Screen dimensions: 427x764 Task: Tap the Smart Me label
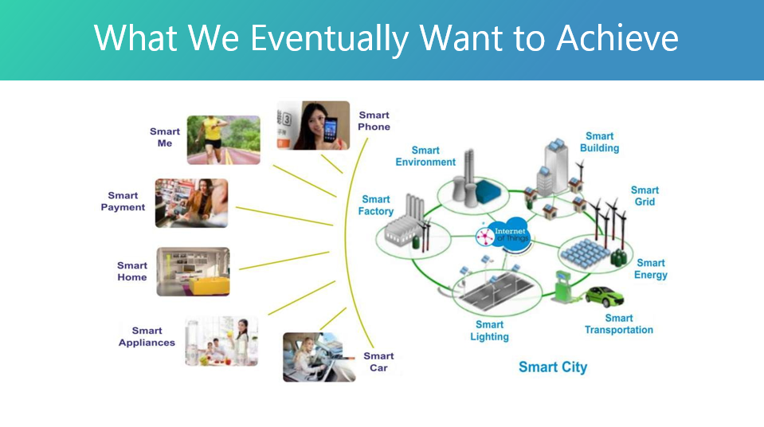165,137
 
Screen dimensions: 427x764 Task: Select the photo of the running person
223,139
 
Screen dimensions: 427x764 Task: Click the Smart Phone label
374,120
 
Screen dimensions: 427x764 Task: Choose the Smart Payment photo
191,202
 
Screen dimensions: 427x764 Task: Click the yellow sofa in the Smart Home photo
209,283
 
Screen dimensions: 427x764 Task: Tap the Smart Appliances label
147,336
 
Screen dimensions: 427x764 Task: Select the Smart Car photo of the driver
319,356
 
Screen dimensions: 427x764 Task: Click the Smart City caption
552,367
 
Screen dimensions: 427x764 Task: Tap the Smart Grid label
645,196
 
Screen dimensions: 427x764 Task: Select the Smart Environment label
425,156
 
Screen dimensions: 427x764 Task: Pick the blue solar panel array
586,253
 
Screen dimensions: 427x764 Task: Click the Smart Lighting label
489,331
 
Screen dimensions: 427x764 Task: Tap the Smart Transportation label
618,324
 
